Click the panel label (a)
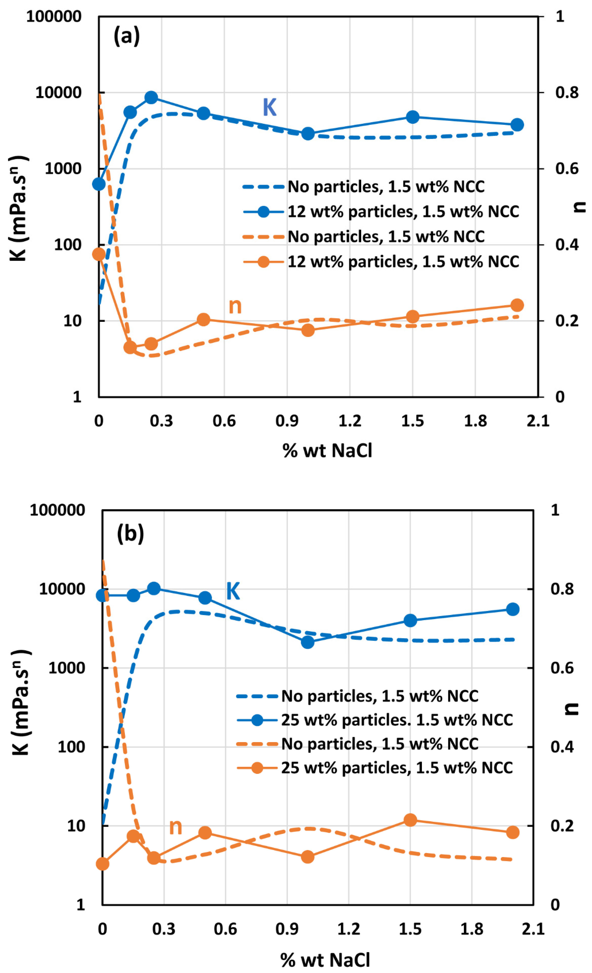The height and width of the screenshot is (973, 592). pyautogui.click(x=126, y=36)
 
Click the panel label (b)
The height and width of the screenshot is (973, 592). pyautogui.click(x=130, y=534)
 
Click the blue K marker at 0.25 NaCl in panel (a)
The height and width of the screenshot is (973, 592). pyautogui.click(x=151, y=98)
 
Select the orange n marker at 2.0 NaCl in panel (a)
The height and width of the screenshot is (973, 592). pyautogui.click(x=517, y=305)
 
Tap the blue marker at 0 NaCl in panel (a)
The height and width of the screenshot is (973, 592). pyautogui.click(x=99, y=184)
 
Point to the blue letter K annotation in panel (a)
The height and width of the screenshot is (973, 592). pyautogui.click(x=270, y=107)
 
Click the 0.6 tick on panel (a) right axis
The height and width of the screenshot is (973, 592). pyautogui.click(x=567, y=169)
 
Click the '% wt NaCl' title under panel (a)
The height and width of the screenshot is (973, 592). pyautogui.click(x=327, y=450)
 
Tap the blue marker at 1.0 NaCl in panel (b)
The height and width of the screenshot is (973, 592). pyautogui.click(x=308, y=642)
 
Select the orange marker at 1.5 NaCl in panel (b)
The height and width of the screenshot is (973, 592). pyautogui.click(x=410, y=820)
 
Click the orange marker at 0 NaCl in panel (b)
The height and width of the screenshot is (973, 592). pyautogui.click(x=102, y=864)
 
